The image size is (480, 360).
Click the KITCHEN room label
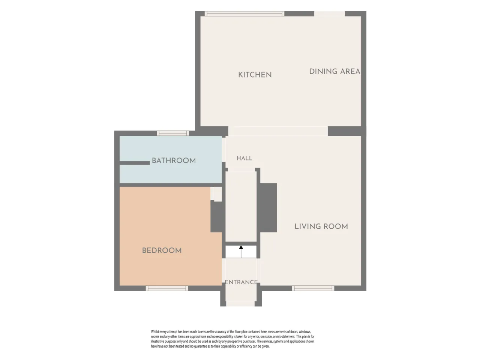point(255,75)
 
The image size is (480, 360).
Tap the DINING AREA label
point(334,72)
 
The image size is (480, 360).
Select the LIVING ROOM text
point(321,226)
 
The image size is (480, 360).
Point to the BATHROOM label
point(174,160)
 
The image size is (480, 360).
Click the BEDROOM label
point(162,250)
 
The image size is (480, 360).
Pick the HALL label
point(244,158)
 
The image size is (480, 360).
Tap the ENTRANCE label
point(241,282)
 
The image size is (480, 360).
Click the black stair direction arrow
point(241,252)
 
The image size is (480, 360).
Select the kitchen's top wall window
point(244,13)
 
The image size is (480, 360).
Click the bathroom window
point(173,133)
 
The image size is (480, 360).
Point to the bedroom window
point(167,288)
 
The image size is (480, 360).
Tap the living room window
point(313,288)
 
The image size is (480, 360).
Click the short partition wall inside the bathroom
point(135,163)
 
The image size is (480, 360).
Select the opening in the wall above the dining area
point(330,13)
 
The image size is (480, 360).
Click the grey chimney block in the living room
point(268,208)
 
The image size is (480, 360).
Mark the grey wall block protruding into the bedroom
point(216,217)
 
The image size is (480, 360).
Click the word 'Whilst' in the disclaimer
point(155,331)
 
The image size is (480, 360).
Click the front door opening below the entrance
point(240,303)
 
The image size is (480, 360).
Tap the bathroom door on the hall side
point(224,150)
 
